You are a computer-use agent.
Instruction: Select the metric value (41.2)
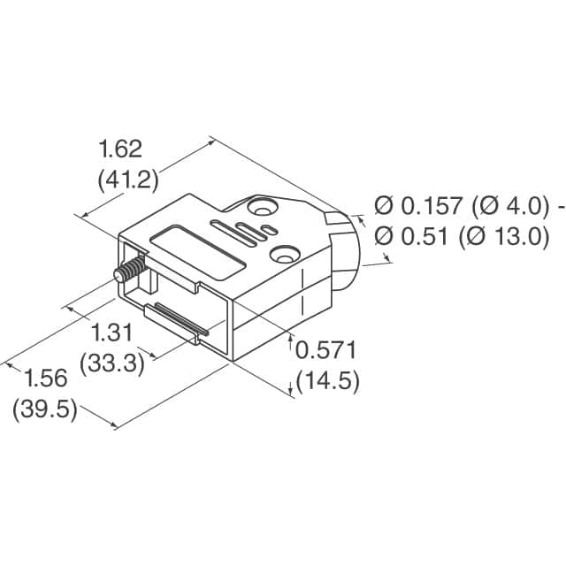point(126,180)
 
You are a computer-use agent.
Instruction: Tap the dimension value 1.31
point(112,333)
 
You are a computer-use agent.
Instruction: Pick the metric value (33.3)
point(112,363)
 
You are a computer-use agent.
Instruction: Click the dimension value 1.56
point(45,379)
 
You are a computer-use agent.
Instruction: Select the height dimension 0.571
point(326,350)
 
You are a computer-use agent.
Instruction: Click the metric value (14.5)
point(327,381)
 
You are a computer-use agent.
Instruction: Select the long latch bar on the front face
point(178,320)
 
